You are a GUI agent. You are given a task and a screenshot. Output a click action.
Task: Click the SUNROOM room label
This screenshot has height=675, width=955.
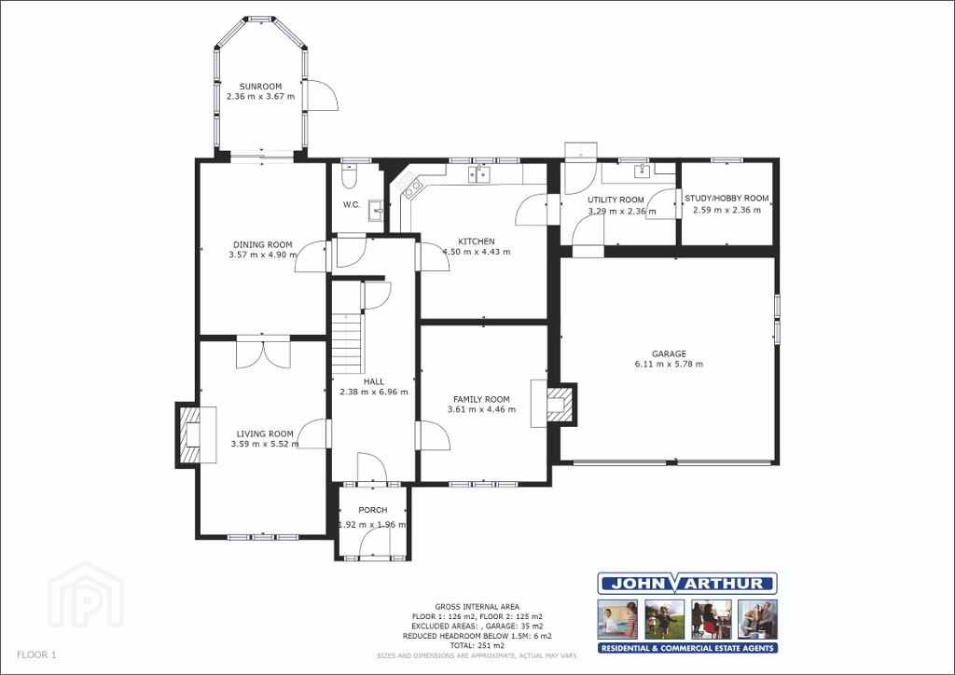260,87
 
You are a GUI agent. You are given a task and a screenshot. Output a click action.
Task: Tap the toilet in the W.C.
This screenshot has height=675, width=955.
350,175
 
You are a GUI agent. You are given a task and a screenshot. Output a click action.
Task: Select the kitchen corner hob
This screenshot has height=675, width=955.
408,185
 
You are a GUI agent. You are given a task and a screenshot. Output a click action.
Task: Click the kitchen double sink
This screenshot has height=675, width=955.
480,174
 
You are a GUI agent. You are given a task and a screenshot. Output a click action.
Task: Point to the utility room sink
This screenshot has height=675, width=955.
642,171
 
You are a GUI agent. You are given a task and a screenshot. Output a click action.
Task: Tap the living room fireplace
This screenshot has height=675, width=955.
196,435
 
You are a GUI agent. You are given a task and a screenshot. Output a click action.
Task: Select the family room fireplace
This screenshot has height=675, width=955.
553,404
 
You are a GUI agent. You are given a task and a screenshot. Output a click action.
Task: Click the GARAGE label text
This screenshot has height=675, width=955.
669,353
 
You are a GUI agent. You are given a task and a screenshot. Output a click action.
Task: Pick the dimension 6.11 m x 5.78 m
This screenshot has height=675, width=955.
669,364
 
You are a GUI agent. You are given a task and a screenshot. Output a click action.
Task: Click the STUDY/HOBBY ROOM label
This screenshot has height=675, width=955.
727,199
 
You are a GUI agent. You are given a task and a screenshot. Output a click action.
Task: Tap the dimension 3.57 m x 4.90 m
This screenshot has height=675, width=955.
262,255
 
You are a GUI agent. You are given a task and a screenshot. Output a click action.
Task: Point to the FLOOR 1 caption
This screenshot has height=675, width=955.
36,654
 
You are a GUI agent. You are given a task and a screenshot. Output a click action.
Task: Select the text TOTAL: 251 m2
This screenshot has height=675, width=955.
477,645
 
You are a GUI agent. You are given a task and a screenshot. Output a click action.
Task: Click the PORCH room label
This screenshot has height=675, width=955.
373,510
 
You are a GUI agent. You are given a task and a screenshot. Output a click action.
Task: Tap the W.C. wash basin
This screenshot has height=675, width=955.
377,210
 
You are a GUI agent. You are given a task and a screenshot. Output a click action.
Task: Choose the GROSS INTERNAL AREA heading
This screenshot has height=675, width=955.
477,606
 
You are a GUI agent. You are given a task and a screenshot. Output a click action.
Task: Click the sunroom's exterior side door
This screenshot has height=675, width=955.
320,95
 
